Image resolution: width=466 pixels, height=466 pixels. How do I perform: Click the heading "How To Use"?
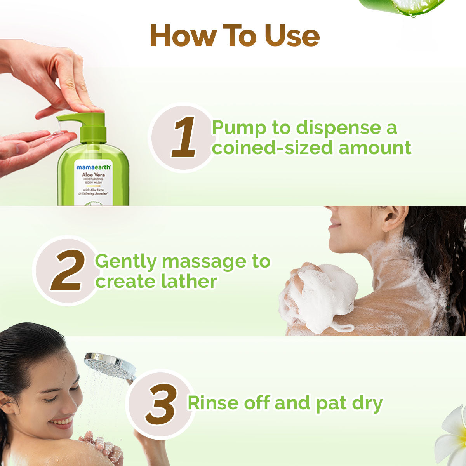(x=235, y=36)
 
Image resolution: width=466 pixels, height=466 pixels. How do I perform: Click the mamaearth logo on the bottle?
(x=93, y=167)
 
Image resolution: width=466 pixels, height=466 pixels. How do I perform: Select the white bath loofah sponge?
(x=326, y=295)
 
